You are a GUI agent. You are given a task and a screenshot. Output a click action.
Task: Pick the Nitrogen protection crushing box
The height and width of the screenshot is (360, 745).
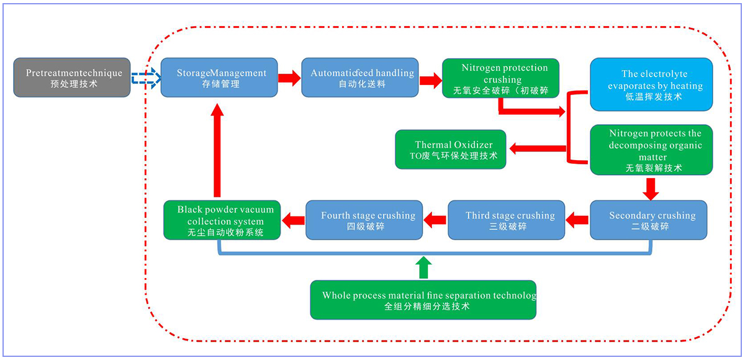[x=500, y=78]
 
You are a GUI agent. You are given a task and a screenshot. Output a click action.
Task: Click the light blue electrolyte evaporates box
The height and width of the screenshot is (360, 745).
[x=651, y=84]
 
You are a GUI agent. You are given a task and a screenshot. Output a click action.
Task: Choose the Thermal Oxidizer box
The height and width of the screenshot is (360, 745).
[x=451, y=150]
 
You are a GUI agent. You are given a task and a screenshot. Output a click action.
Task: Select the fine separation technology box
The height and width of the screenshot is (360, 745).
[x=423, y=300]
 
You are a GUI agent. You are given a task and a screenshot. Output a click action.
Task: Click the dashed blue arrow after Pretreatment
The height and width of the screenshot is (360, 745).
[x=146, y=78]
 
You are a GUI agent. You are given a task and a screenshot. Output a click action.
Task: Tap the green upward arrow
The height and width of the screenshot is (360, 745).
[x=423, y=266]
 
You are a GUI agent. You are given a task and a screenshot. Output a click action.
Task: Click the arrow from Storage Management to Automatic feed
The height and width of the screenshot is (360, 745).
[x=289, y=78]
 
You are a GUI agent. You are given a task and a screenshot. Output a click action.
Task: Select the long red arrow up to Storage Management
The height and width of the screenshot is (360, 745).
[x=217, y=149]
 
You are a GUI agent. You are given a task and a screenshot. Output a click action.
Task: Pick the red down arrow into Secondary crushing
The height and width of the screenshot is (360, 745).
[x=651, y=188]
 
